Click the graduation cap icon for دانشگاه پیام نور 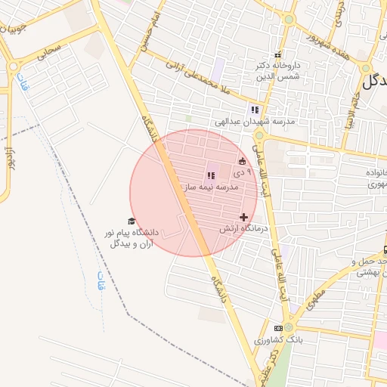(132, 221)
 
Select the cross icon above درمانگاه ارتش (243, 217)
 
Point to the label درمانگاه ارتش (244, 228)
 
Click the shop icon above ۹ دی (242, 161)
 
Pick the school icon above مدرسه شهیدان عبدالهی (255, 110)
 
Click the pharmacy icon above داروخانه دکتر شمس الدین (277, 54)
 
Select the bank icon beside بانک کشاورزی (279, 328)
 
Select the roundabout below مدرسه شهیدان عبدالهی (260, 136)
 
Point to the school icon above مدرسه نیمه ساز (210, 175)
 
